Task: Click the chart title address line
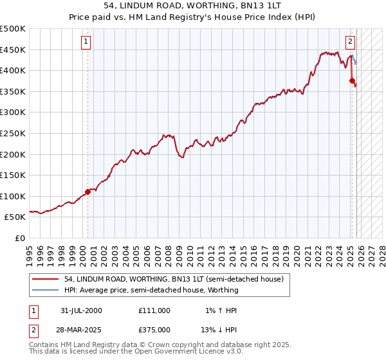193,6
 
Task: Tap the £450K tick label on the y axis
13,50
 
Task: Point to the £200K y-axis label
13,154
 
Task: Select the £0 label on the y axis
21,238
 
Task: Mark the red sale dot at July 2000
88,192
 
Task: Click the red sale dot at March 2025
352,81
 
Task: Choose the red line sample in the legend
46,279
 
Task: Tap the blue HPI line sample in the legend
46,290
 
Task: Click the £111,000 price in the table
154,310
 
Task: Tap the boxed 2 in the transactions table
33,329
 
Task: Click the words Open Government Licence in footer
173,352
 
